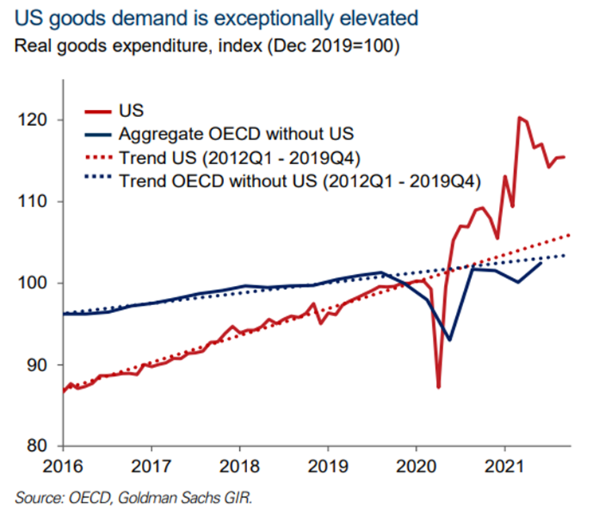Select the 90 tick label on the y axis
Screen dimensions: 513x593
pyautogui.click(x=36, y=365)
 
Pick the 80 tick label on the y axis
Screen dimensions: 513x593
pyautogui.click(x=36, y=446)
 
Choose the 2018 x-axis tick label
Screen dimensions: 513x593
pyautogui.click(x=239, y=464)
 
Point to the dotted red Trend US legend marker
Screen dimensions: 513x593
pyautogui.click(x=96, y=158)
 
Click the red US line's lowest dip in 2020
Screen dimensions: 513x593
pyautogui.click(x=438, y=386)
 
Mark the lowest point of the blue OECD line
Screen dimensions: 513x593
pyautogui.click(x=450, y=340)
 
